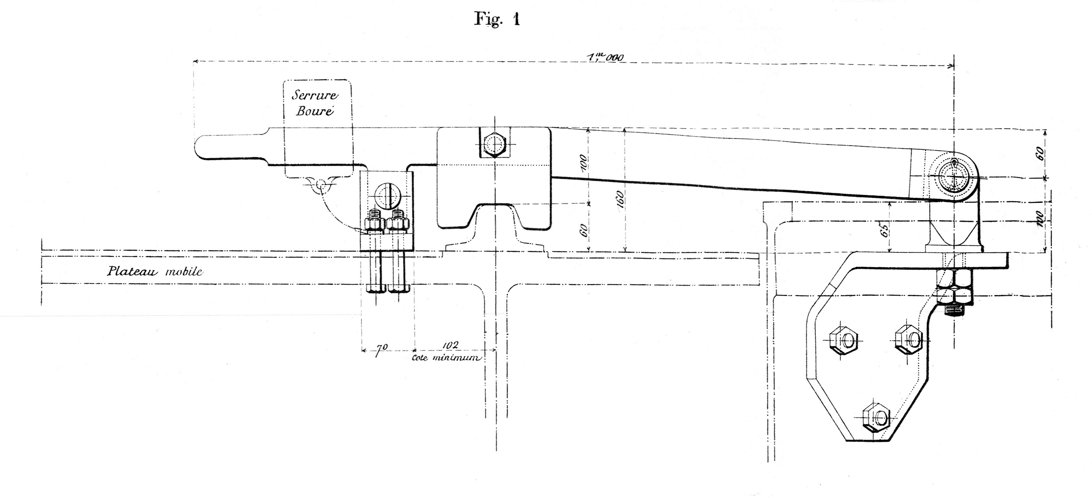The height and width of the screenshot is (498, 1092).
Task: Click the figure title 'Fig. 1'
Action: (x=496, y=20)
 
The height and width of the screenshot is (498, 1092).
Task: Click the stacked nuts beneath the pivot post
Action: (x=954, y=290)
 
